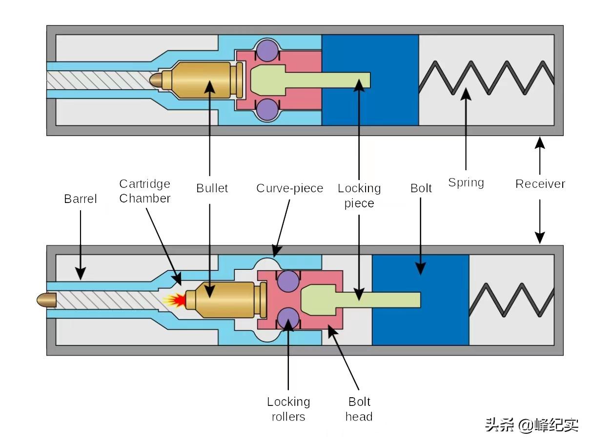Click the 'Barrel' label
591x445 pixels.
[81, 199]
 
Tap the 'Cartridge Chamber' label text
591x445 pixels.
[145, 191]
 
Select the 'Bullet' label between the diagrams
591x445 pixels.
[212, 188]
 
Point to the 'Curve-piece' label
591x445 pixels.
[289, 188]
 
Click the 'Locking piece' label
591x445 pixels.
[359, 196]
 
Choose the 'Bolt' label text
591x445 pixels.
[421, 188]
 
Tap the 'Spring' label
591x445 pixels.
[466, 183]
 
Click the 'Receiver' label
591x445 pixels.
[540, 184]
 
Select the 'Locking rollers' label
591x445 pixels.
[288, 409]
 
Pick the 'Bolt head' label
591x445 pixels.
[359, 409]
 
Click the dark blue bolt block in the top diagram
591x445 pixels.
[370, 80]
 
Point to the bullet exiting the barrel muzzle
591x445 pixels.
[46, 300]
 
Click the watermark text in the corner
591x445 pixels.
[531, 425]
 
